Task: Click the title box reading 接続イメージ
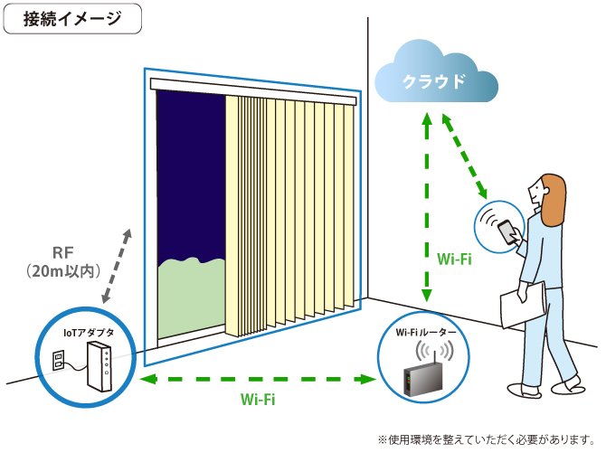tap(72, 20)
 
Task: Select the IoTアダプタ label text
tap(88, 333)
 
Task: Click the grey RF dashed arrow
tap(116, 266)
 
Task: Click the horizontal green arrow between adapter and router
tap(257, 378)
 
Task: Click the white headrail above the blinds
tap(253, 86)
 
